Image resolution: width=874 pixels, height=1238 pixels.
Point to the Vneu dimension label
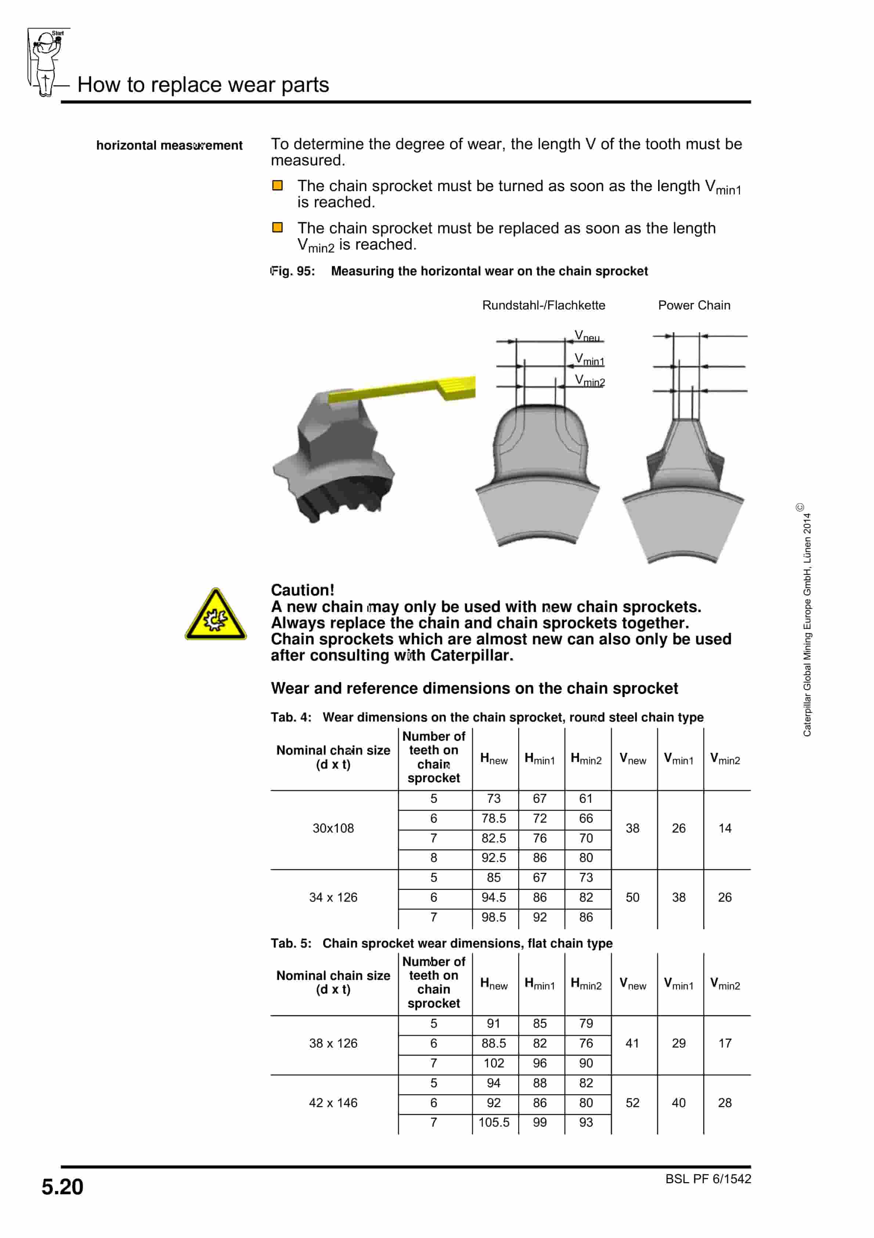pyautogui.click(x=587, y=336)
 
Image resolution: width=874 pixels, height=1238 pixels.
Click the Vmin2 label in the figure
pyautogui.click(x=589, y=381)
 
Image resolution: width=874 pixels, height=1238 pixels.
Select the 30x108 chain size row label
pyautogui.click(x=333, y=828)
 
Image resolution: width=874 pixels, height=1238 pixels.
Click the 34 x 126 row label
pyautogui.click(x=333, y=897)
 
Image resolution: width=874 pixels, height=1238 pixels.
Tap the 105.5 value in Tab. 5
pyautogui.click(x=494, y=1122)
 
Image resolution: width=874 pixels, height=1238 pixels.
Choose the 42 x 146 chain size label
pyautogui.click(x=333, y=1103)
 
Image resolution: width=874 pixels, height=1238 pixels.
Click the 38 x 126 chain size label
pyautogui.click(x=333, y=1043)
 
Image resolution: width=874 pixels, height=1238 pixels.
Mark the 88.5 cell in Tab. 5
pyautogui.click(x=494, y=1043)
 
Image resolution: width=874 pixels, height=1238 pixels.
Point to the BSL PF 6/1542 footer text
pyautogui.click(x=708, y=1179)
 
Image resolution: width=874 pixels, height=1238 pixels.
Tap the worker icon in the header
pyautogui.click(x=46, y=62)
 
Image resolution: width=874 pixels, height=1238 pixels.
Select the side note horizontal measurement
pyautogui.click(x=169, y=146)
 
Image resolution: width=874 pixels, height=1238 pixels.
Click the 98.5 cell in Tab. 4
pyautogui.click(x=494, y=917)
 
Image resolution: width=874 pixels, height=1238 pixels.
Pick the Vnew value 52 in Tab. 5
pyautogui.click(x=632, y=1103)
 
